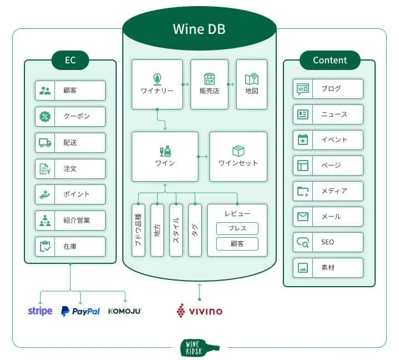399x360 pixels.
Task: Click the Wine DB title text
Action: [200, 29]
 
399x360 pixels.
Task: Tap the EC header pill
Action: [70, 61]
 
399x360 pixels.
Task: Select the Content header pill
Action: [330, 61]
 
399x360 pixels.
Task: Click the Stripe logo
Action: [40, 311]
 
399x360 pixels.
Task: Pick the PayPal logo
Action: [81, 311]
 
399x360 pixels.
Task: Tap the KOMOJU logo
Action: [124, 311]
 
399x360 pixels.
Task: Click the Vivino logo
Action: [200, 311]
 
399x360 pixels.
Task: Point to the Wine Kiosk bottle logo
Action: [200, 348]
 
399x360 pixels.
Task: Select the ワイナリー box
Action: [157, 84]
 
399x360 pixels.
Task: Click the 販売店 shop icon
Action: [210, 79]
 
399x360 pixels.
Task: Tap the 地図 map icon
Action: [252, 79]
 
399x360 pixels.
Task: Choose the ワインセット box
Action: [238, 157]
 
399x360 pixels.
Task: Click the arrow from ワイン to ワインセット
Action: [202, 157]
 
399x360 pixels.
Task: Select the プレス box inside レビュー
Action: [237, 228]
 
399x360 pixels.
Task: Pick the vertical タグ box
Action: [195, 230]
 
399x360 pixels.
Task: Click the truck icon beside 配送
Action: [45, 143]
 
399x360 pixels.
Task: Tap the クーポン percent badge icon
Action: [45, 117]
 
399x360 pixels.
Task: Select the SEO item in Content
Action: [328, 242]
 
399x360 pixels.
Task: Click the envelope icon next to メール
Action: [303, 217]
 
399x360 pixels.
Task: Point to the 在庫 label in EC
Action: [70, 246]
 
